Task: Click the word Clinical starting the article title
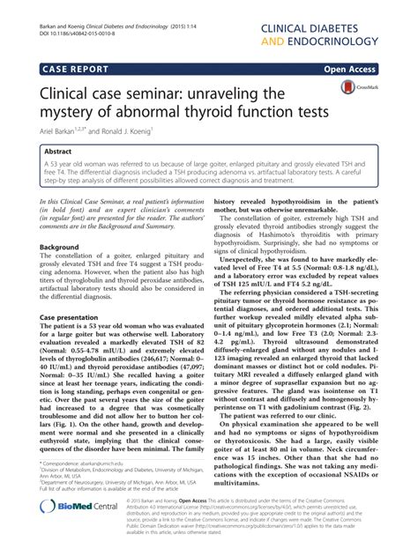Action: click(69, 93)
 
